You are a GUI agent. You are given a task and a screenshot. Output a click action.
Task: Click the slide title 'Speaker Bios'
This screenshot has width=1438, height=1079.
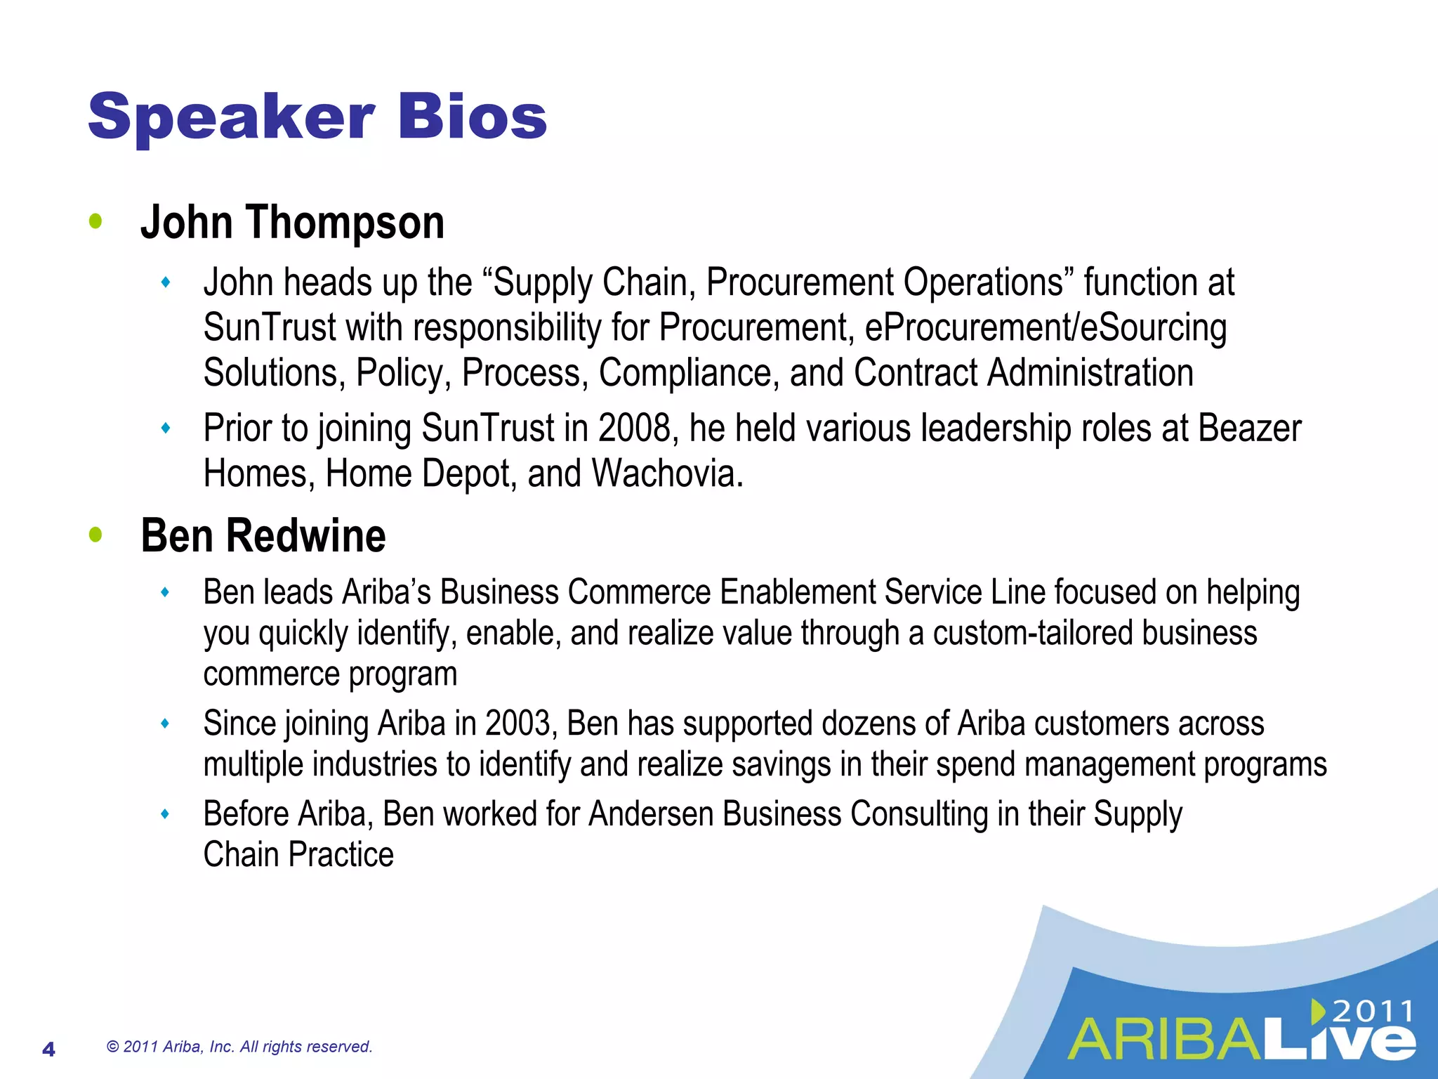point(317,117)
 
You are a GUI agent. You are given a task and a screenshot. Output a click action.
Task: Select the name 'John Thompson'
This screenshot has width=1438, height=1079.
point(292,223)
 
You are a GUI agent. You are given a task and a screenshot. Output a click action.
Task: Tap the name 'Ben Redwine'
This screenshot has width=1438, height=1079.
point(263,536)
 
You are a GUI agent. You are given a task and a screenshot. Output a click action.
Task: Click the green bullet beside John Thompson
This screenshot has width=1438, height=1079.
point(96,222)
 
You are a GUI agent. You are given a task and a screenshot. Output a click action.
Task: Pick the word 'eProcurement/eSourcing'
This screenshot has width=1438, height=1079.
point(1045,328)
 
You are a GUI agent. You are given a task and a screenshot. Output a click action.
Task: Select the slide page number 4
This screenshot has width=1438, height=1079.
point(48,1049)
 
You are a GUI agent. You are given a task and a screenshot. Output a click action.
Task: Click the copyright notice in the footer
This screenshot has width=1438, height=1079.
point(239,1047)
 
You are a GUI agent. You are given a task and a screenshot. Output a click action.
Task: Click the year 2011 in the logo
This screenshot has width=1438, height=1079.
point(1373,1012)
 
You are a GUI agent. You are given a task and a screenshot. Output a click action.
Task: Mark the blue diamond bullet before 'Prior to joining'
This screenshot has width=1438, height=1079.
point(166,428)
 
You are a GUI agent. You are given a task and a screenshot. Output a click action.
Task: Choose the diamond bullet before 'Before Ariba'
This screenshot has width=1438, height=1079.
point(166,814)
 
